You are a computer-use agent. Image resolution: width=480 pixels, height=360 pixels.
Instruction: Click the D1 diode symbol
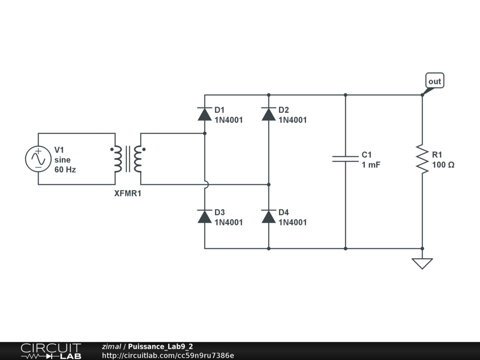[205, 114]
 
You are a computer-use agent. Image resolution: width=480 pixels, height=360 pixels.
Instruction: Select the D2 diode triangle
[269, 114]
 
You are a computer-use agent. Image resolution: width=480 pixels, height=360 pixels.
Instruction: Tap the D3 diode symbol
[205, 217]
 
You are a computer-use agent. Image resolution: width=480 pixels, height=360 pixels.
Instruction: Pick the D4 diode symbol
[269, 217]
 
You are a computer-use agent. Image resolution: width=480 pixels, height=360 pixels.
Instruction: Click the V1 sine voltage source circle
[38, 159]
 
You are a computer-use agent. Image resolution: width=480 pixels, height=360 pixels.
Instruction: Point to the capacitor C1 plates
[345, 158]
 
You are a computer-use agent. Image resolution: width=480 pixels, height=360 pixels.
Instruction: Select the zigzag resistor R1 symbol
[422, 159]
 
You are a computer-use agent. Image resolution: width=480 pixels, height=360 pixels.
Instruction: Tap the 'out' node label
[435, 82]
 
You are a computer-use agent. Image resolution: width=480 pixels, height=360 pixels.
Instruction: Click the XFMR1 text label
[127, 193]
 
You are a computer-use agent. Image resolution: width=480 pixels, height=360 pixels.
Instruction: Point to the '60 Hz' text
[65, 170]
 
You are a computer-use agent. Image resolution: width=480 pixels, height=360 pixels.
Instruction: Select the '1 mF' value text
[371, 165]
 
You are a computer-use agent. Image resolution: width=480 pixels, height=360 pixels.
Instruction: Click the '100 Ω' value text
[443, 165]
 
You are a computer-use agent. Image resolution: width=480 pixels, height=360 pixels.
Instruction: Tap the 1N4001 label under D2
[292, 120]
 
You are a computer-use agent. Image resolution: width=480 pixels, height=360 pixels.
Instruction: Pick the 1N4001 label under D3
[229, 223]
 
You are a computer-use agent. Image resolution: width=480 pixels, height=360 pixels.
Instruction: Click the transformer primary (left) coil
[117, 159]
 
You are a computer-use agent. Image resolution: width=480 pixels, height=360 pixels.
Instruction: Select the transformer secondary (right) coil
[138, 159]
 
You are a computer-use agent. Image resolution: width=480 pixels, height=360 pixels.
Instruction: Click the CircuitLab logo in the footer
[51, 351]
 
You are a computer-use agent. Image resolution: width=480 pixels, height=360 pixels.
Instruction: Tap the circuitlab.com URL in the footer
[168, 356]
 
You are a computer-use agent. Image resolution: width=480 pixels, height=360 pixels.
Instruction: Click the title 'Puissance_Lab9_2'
[160, 347]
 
